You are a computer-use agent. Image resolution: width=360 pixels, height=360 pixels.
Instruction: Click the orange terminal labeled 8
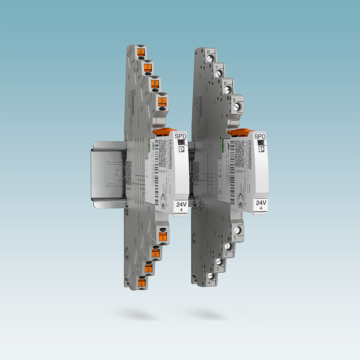(x=140, y=52)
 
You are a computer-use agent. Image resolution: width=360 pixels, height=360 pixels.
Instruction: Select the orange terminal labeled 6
(x=155, y=84)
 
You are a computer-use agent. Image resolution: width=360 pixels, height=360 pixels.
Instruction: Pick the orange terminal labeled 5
(x=162, y=101)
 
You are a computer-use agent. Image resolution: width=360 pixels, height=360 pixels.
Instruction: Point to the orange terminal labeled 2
(x=155, y=254)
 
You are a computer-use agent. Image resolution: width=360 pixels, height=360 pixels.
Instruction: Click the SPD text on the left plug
(x=181, y=136)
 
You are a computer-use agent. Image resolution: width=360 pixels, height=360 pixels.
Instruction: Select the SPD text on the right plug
(x=260, y=137)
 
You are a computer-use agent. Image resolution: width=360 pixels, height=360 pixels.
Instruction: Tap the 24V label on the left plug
(x=181, y=204)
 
